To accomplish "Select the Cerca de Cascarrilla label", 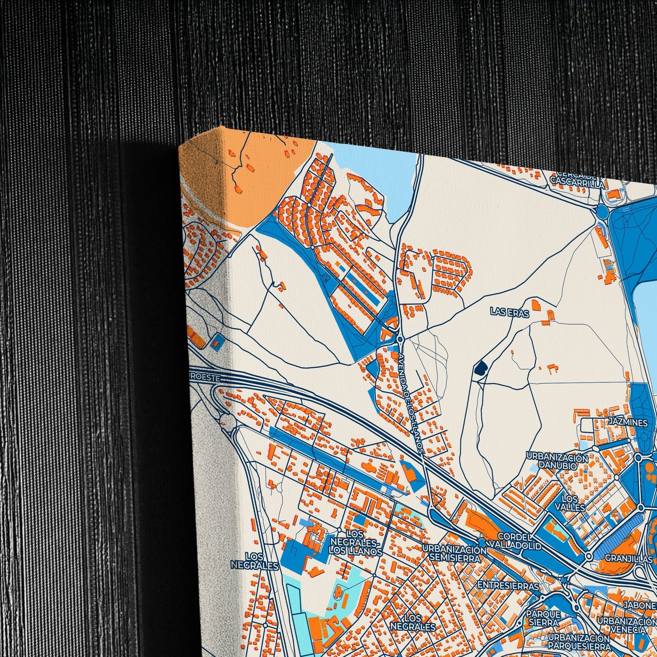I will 577,181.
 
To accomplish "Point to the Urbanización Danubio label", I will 557,461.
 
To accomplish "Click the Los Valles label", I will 570,503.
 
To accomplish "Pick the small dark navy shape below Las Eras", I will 479,368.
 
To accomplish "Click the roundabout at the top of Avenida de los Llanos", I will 400,339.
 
